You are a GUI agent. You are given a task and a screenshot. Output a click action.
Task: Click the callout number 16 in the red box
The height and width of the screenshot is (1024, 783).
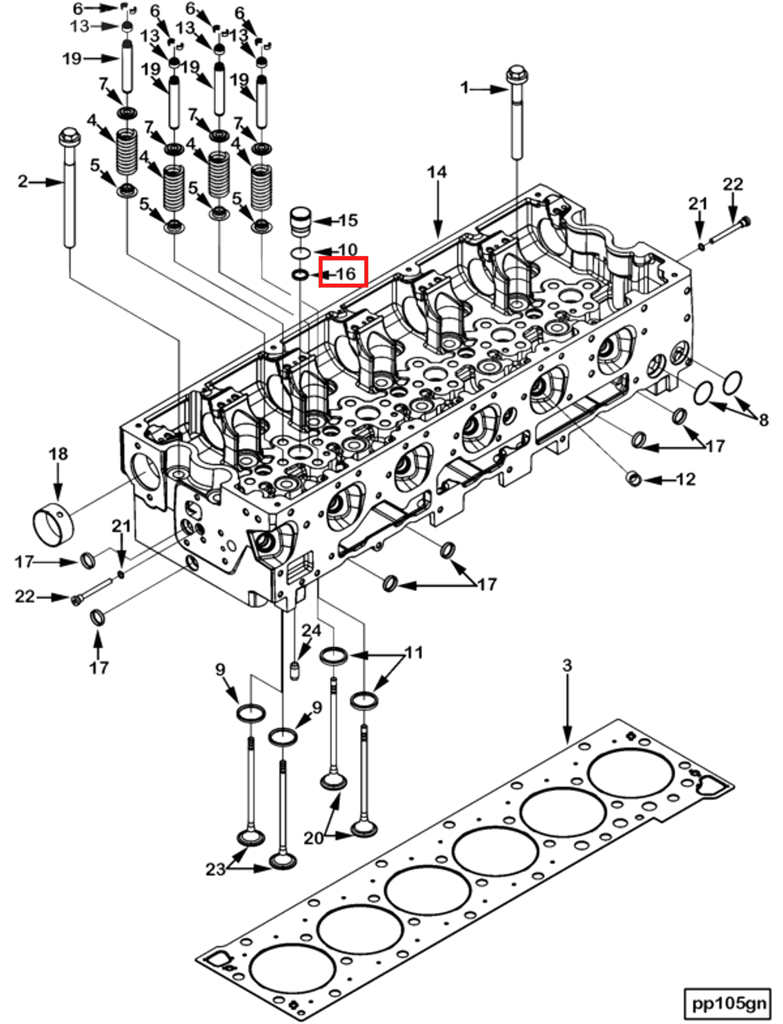tap(346, 273)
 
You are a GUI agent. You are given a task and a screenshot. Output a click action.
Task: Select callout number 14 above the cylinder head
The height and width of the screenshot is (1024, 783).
tap(437, 172)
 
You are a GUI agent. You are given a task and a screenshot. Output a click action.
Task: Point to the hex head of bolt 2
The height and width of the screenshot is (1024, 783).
tap(69, 136)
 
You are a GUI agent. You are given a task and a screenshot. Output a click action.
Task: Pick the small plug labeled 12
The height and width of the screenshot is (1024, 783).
tap(633, 479)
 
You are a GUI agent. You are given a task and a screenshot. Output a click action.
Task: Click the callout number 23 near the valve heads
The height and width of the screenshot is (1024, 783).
tap(216, 869)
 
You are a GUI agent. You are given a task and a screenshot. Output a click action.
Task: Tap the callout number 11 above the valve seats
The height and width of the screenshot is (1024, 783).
tap(414, 652)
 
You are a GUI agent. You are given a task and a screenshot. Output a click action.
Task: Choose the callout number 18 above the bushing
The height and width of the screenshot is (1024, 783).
tap(58, 454)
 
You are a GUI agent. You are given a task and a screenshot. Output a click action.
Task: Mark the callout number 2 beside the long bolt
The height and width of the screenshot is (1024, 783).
tap(23, 181)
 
